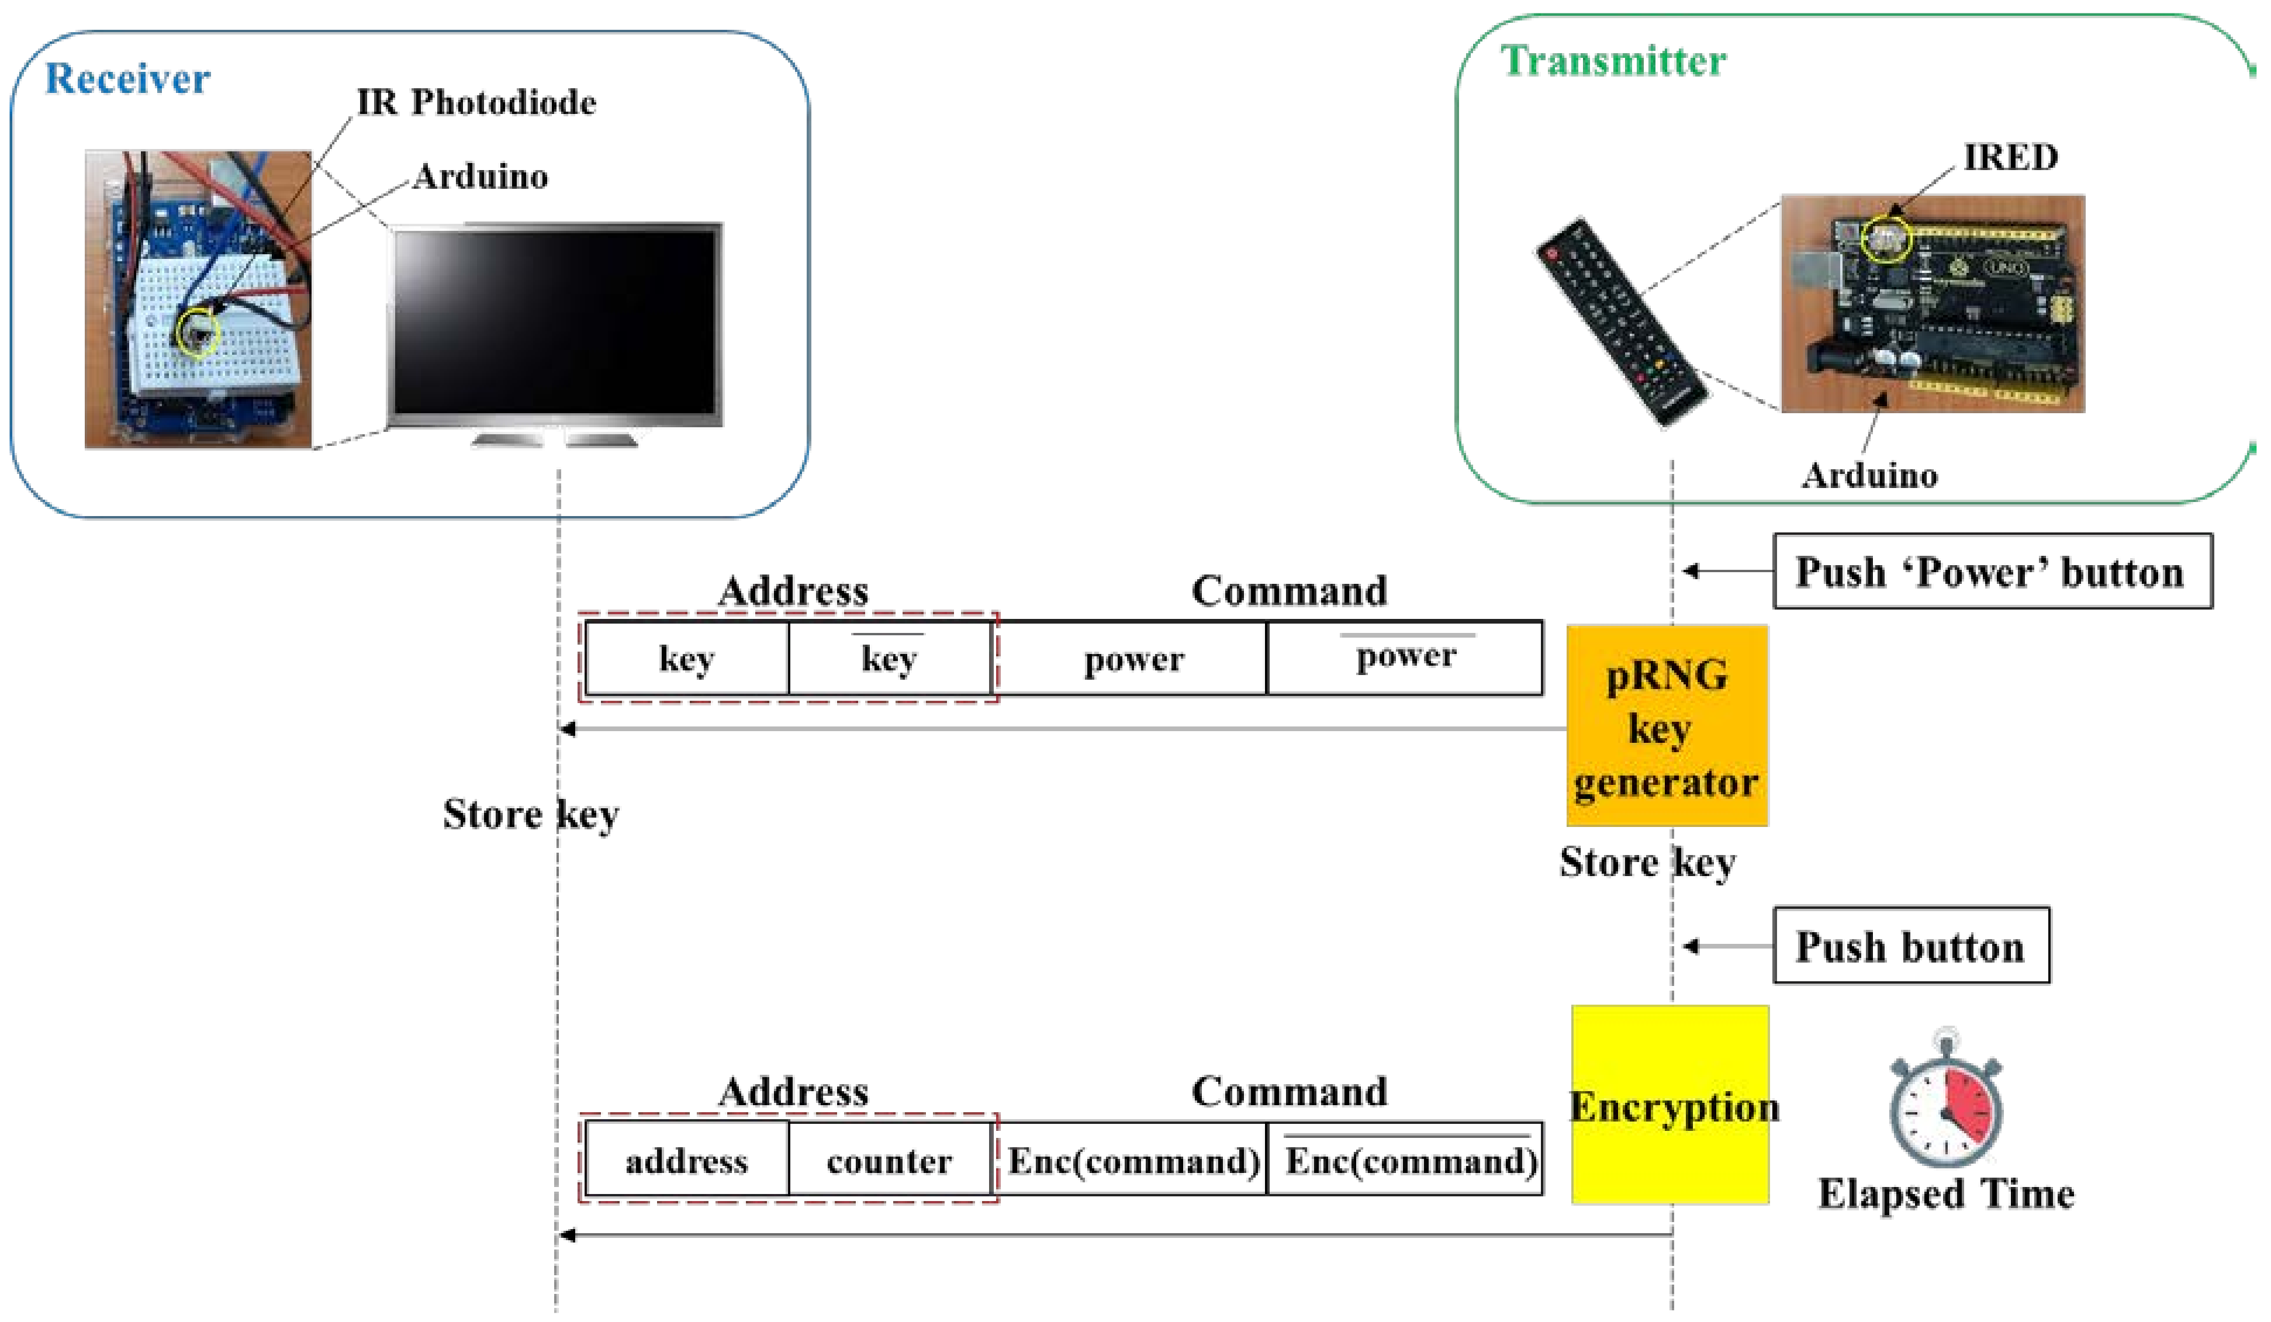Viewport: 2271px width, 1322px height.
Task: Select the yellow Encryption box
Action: coord(1670,1104)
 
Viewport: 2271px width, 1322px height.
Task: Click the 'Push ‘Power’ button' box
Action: coord(1992,572)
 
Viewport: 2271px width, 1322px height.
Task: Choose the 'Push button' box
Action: coord(1910,946)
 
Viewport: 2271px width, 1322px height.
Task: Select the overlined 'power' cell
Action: coord(1404,657)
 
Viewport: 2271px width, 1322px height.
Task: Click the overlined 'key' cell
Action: coord(889,658)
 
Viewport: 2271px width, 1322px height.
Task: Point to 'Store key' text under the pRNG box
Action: coord(1647,863)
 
